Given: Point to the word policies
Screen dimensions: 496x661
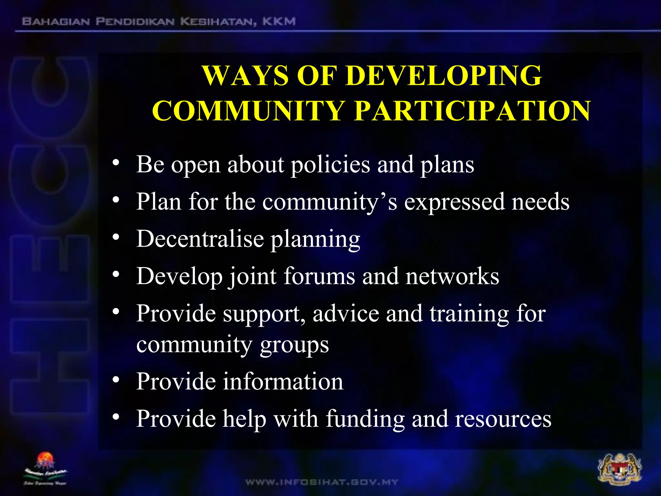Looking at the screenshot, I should [x=330, y=165].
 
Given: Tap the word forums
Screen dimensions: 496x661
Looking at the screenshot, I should [x=319, y=276].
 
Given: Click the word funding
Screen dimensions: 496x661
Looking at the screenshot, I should [x=365, y=419].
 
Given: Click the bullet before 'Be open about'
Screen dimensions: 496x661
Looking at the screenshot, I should [x=116, y=163].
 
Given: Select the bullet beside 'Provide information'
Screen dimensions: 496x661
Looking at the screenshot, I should [x=116, y=379].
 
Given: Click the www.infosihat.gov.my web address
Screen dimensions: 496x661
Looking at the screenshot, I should [x=322, y=482].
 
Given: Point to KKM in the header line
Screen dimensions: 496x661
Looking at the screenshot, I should [x=279, y=22].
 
